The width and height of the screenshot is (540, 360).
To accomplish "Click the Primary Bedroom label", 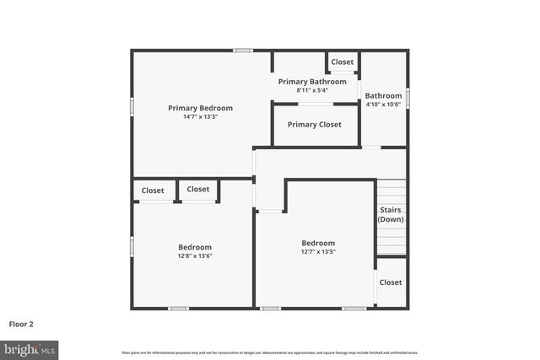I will click(x=200, y=108).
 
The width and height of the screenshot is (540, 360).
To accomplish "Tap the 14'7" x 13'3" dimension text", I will click(x=200, y=117).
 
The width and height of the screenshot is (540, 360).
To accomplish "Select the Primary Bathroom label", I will click(x=312, y=82).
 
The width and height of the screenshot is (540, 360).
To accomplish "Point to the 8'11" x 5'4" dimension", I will click(x=312, y=90).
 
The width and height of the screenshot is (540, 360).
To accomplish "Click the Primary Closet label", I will click(x=314, y=125).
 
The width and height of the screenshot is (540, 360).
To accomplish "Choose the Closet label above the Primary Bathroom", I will click(x=342, y=62).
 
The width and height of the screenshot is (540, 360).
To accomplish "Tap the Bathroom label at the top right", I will click(x=383, y=96).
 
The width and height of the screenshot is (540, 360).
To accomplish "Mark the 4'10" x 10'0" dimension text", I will click(x=383, y=105).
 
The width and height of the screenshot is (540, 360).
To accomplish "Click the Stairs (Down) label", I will click(x=390, y=214).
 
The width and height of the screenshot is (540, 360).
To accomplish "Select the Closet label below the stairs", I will click(x=390, y=282).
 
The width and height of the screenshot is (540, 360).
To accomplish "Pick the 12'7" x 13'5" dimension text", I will click(x=318, y=251).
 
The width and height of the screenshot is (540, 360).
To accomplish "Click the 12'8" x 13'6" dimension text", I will click(x=194, y=255).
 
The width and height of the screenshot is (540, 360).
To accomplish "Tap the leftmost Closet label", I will click(x=153, y=191).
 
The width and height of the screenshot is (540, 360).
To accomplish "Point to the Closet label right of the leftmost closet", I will click(x=198, y=190).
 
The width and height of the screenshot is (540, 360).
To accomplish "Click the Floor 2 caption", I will click(x=21, y=323).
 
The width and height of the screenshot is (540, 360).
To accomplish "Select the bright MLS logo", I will click(x=30, y=348).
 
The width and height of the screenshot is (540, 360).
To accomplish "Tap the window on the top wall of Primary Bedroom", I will click(x=244, y=51).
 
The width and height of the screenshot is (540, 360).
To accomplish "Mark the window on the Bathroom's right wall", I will click(x=408, y=98).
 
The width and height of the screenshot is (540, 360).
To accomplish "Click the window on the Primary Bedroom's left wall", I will click(x=132, y=107).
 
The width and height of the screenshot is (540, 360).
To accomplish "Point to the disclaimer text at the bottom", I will click(x=270, y=352).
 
